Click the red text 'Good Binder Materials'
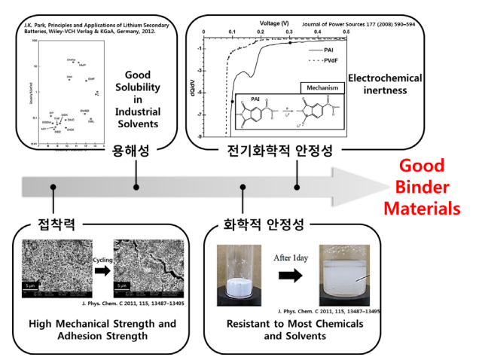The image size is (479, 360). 432,187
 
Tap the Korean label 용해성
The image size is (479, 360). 136,150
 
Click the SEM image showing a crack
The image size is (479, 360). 147,267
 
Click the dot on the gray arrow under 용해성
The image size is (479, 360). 136,186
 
